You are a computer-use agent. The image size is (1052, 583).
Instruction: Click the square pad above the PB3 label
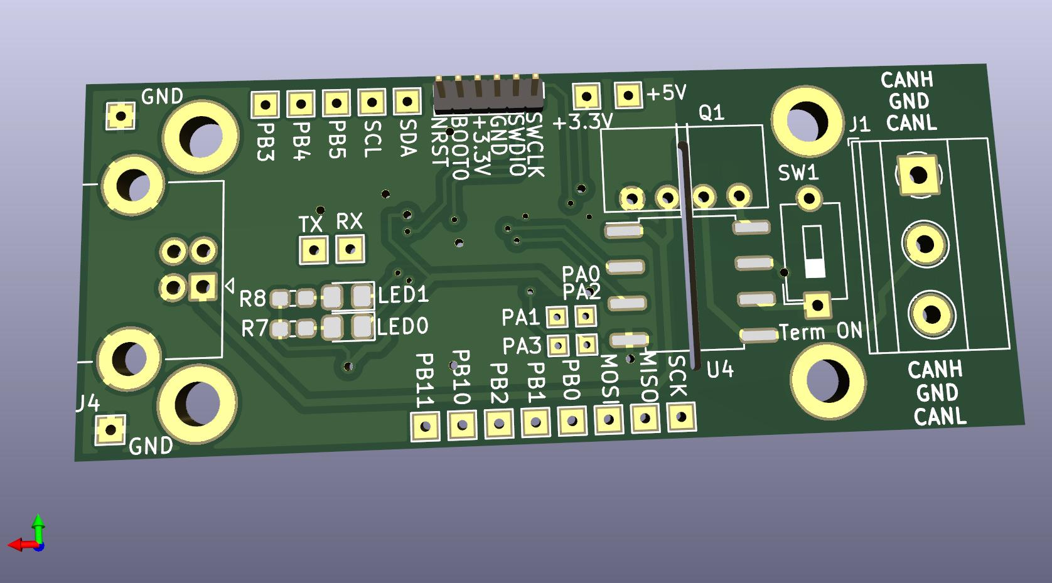pos(266,104)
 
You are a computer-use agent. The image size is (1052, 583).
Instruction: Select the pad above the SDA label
pos(407,102)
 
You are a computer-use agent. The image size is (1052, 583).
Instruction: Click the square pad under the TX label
pos(314,250)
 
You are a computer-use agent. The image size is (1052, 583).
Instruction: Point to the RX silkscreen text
pos(350,222)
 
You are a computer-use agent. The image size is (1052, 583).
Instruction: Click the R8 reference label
pos(253,299)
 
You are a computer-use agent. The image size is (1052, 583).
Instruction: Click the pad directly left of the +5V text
pos(628,95)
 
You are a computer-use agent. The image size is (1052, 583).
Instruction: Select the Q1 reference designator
pos(712,113)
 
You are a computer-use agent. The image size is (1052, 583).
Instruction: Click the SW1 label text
pos(798,174)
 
